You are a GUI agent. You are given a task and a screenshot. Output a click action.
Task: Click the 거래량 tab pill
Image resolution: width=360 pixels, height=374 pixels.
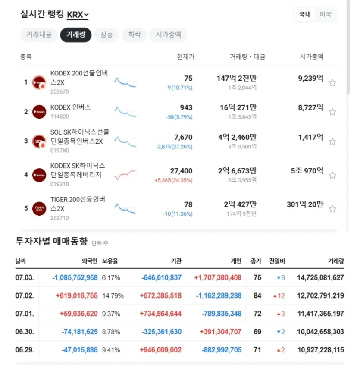(x=76, y=35)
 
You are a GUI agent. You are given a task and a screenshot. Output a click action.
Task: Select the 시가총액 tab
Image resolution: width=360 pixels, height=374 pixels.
(x=168, y=35)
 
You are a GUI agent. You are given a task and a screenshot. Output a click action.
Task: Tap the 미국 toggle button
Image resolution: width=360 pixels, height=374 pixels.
(x=326, y=14)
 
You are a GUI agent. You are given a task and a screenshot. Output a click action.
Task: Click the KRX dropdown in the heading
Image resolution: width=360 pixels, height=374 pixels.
(x=78, y=15)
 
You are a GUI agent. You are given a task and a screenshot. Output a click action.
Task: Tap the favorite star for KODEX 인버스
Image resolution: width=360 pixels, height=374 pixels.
(x=332, y=112)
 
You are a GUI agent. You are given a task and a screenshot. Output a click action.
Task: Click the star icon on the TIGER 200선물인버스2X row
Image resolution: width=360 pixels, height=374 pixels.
(x=332, y=209)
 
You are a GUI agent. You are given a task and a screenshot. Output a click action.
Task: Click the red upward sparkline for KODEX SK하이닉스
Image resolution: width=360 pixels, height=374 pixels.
(x=125, y=175)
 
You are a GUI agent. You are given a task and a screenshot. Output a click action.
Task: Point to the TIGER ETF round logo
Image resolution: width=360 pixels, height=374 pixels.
(x=39, y=209)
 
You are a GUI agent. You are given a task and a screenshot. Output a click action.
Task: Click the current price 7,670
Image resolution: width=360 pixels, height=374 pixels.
(x=183, y=137)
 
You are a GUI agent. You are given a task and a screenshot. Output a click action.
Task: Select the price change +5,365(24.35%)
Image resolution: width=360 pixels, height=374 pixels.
(x=173, y=180)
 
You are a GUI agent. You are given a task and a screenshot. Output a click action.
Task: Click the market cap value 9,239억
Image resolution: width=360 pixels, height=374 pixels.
(x=311, y=79)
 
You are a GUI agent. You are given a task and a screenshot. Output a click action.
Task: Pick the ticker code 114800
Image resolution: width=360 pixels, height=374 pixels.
(x=59, y=116)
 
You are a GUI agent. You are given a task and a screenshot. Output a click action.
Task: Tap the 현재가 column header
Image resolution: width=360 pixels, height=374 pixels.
(x=185, y=57)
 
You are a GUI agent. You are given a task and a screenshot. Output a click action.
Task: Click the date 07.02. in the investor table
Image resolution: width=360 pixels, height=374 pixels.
(x=25, y=296)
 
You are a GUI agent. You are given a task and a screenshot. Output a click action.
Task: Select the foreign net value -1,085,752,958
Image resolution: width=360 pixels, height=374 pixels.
(x=75, y=278)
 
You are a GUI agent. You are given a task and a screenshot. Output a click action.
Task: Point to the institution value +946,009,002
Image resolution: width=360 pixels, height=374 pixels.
(x=160, y=350)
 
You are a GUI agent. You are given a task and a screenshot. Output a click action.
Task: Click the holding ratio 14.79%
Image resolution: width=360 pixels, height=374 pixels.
(x=113, y=296)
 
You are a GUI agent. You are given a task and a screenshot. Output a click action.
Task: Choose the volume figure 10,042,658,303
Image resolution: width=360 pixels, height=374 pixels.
(x=320, y=332)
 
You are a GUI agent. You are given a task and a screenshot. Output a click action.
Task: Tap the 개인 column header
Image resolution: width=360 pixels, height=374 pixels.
(x=236, y=261)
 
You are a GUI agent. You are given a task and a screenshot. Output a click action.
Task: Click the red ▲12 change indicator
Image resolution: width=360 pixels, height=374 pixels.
(x=279, y=296)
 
